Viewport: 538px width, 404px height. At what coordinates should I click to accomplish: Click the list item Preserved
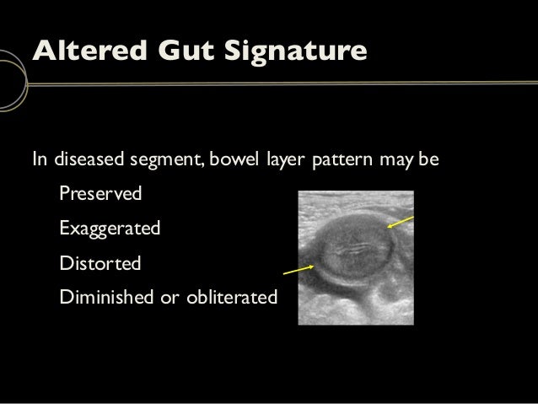(x=100, y=194)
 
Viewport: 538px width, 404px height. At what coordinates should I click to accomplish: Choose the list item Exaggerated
(x=110, y=229)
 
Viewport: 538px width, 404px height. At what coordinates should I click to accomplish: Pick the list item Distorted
(x=100, y=263)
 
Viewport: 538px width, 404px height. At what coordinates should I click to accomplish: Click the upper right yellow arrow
(x=401, y=222)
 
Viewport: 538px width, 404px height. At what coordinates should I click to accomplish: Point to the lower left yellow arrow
(x=298, y=270)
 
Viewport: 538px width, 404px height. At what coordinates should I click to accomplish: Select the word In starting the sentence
(x=39, y=159)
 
